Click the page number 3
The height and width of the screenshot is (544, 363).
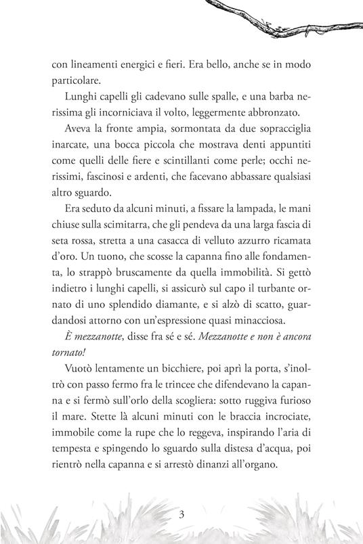(181, 513)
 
